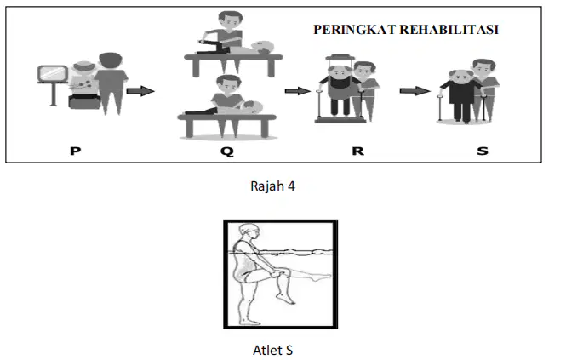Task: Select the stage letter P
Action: [75, 151]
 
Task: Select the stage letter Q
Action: [227, 151]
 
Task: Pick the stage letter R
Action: [357, 151]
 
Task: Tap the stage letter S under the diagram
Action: [483, 151]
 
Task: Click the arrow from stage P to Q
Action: [140, 90]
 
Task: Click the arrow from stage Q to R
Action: [297, 90]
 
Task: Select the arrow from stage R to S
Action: [414, 90]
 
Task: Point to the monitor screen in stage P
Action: [53, 74]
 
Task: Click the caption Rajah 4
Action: [272, 186]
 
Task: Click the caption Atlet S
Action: [272, 351]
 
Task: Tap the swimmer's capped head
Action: [249, 231]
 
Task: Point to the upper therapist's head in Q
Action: [231, 21]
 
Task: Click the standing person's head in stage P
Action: [111, 62]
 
